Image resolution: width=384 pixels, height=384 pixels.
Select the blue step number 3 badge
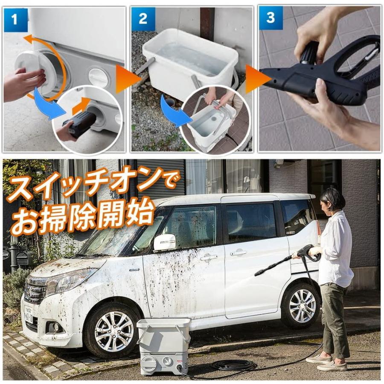tap(271, 18)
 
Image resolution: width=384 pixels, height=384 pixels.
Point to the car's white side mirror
tap(164, 242)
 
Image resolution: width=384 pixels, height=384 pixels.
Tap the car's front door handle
tap(209, 257)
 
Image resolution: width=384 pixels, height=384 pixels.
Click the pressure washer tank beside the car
tap(163, 346)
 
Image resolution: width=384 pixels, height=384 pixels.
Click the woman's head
tap(333, 201)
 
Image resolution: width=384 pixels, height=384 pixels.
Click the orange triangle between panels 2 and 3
tap(257, 79)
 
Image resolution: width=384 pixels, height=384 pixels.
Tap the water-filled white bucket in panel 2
tap(190, 60)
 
